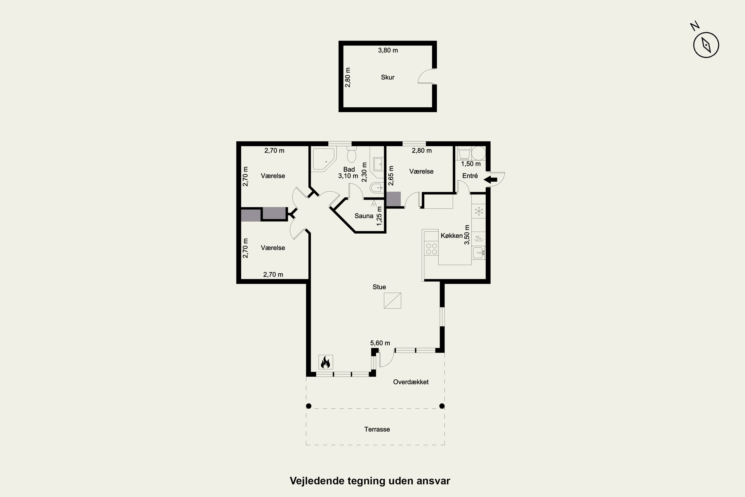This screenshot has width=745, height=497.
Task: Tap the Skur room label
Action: pyautogui.click(x=387, y=77)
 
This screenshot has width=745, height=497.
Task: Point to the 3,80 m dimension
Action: pyautogui.click(x=388, y=50)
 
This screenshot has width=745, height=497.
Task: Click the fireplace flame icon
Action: pyautogui.click(x=326, y=362)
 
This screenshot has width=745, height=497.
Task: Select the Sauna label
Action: pyautogui.click(x=364, y=216)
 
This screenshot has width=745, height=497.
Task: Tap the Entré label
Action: pyautogui.click(x=470, y=176)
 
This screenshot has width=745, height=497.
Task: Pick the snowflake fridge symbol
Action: pyautogui.click(x=479, y=211)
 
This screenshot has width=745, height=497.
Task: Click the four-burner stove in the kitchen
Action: pyautogui.click(x=431, y=249)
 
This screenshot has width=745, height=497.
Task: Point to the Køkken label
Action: pyautogui.click(x=452, y=236)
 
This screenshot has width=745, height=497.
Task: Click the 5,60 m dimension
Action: pyautogui.click(x=380, y=343)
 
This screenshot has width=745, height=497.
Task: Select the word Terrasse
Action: pyautogui.click(x=377, y=429)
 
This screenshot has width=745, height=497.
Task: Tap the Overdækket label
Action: pyautogui.click(x=411, y=382)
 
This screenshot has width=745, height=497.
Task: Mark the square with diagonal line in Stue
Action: pyautogui.click(x=392, y=300)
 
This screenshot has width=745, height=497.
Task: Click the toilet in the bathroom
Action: pyautogui.click(x=352, y=154)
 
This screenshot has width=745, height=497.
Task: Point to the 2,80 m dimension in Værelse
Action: pyautogui.click(x=422, y=151)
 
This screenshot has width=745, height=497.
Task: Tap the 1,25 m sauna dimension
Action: pyautogui.click(x=379, y=216)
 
